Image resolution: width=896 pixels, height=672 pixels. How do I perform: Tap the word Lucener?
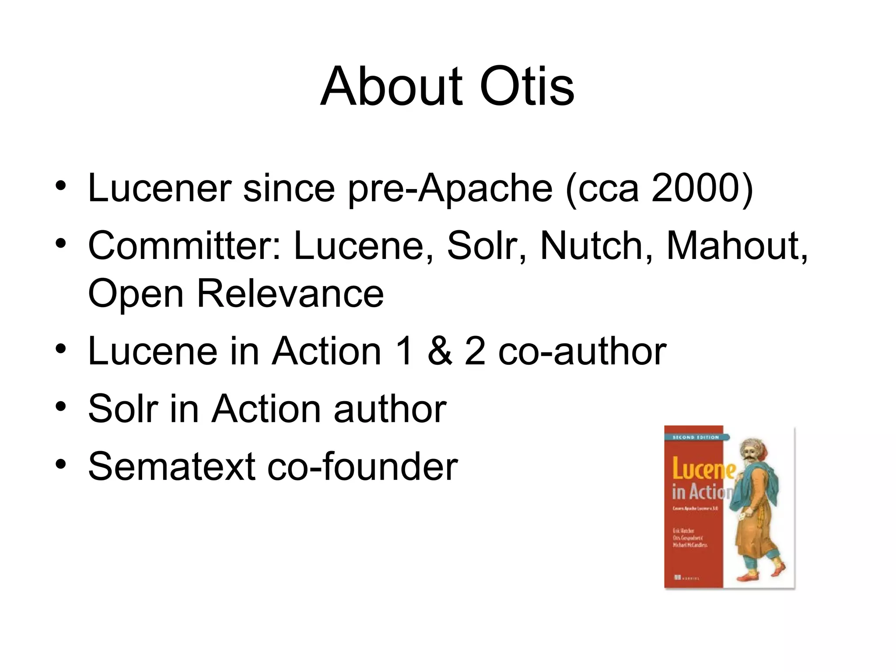click(160, 188)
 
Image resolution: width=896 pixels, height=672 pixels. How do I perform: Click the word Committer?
click(184, 246)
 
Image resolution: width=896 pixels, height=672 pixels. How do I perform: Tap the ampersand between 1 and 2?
click(439, 351)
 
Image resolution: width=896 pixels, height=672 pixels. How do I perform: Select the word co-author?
click(582, 351)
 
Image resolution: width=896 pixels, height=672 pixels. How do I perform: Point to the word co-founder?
click(363, 466)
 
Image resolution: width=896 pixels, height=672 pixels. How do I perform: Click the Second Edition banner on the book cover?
click(695, 437)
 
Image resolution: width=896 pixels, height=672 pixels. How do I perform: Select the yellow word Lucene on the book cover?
click(703, 469)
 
